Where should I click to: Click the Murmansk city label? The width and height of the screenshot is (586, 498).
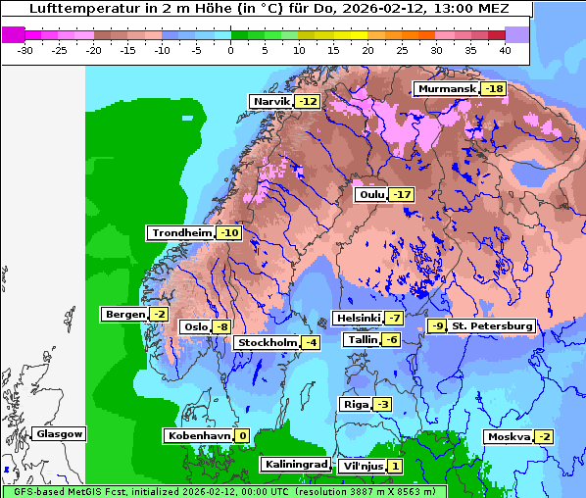[446, 89]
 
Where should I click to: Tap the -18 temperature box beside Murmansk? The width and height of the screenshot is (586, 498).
[494, 89]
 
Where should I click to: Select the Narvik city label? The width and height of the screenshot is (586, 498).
[271, 101]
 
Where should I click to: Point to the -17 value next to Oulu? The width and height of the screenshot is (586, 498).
[401, 195]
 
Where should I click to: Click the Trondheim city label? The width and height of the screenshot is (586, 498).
[181, 232]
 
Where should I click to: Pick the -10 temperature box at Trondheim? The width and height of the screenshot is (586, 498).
[228, 232]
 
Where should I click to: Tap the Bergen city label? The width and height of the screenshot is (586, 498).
[123, 314]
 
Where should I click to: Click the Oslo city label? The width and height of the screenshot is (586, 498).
[196, 326]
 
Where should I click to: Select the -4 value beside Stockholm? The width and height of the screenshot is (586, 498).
[310, 342]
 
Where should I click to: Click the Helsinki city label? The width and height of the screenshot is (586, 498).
[358, 318]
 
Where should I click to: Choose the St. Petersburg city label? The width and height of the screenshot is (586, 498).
[492, 325]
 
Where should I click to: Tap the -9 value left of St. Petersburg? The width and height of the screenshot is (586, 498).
[437, 325]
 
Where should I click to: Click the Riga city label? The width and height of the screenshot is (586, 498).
[355, 404]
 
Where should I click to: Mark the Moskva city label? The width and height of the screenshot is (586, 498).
[509, 436]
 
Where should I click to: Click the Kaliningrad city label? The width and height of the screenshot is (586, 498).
[295, 464]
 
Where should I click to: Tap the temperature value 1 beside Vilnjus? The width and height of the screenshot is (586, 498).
[394, 466]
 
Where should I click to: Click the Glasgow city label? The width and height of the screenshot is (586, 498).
[59, 433]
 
